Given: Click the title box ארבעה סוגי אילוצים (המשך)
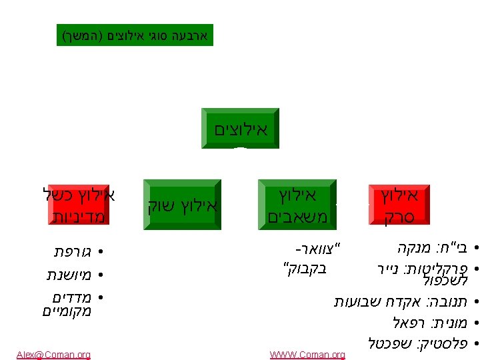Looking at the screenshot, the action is click(135, 34).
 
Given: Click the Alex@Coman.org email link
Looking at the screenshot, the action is click(54, 355).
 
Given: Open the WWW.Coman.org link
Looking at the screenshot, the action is click(307, 355).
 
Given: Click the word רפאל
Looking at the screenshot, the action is click(409, 323).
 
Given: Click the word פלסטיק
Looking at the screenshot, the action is click(443, 343).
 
